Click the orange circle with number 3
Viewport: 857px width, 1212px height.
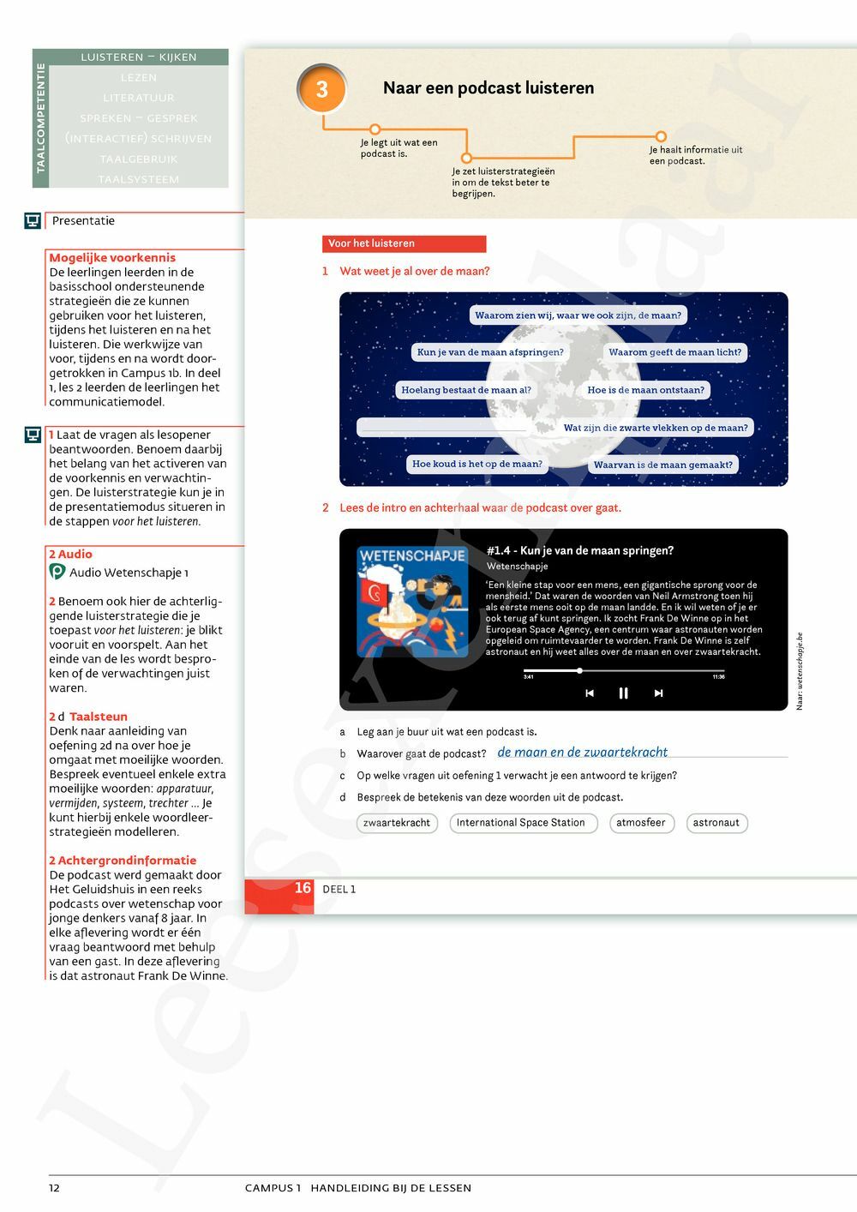click(321, 89)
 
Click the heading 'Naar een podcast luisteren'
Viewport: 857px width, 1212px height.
click(488, 88)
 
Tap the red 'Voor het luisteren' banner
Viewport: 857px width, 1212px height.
click(404, 243)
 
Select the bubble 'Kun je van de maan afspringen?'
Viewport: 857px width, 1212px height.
click(490, 352)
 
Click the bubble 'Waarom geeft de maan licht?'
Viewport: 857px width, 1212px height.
click(674, 352)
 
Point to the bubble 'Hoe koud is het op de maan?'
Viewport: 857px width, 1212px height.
click(476, 464)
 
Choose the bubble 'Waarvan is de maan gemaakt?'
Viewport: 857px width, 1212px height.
click(662, 465)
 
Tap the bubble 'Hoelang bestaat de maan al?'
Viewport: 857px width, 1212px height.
click(466, 390)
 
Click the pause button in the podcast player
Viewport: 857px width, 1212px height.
click(623, 693)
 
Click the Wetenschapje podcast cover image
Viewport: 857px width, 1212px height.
click(412, 602)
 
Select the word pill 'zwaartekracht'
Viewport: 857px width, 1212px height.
click(397, 823)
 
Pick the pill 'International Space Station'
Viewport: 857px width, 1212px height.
click(521, 823)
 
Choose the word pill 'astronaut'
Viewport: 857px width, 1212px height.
click(716, 823)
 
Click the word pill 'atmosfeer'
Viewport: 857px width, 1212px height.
click(640, 823)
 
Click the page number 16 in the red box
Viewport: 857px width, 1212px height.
click(303, 889)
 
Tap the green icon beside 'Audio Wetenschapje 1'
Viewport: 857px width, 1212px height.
click(57, 572)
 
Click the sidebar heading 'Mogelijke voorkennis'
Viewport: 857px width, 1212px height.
click(112, 257)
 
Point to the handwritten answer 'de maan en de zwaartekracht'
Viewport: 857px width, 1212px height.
click(582, 752)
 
